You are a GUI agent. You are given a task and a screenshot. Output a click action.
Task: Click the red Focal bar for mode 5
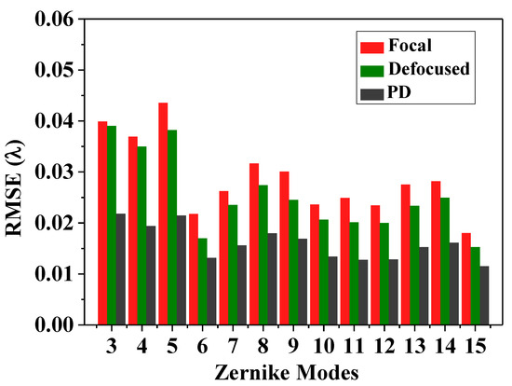[x=163, y=214]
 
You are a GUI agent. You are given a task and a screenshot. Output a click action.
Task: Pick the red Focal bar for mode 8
[x=254, y=243]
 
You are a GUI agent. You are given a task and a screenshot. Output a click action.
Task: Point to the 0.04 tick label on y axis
[x=50, y=121]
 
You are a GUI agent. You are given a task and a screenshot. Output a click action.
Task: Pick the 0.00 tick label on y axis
[x=50, y=324]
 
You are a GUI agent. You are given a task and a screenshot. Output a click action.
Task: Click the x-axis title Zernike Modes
[x=287, y=372]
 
